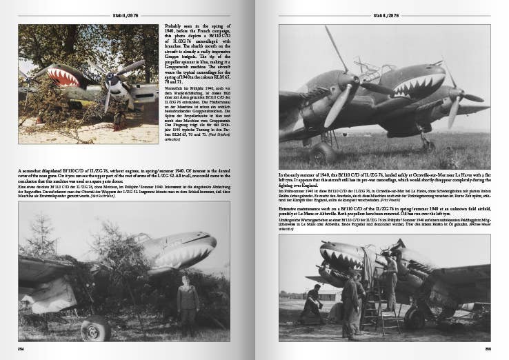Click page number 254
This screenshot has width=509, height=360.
(x=23, y=349)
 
